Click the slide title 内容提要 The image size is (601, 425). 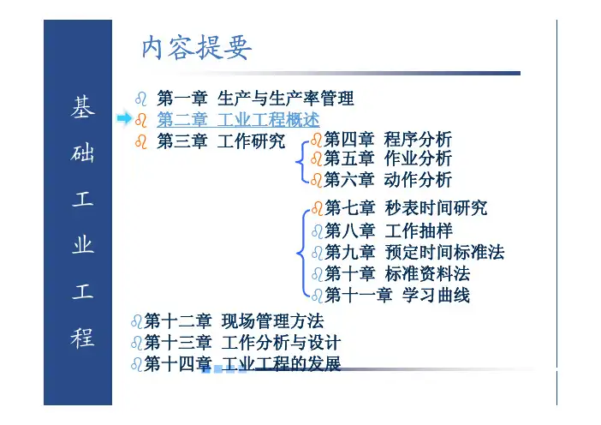pos(197,48)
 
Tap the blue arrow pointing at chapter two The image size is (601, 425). pos(125,118)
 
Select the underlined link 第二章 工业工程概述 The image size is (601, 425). pos(238,120)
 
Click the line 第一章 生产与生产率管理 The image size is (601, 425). pos(255,99)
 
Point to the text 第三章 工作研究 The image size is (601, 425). pos(221,141)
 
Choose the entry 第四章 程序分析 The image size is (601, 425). pos(388,139)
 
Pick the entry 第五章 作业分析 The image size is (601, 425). pos(388,159)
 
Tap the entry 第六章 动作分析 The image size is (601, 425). pos(388,179)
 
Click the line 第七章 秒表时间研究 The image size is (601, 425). pos(406,208)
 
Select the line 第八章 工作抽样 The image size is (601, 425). pos(389,230)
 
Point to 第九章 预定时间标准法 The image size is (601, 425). pos(414,253)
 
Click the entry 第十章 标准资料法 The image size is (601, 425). pos(397,274)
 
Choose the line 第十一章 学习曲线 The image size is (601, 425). pos(397,296)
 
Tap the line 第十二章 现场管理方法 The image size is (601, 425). pos(235,321)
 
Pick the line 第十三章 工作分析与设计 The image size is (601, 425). pos(242,343)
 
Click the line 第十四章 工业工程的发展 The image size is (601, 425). pos(242,363)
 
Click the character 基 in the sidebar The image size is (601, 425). pos(82,106)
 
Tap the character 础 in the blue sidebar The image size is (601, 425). pos(82,153)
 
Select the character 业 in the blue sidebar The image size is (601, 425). pos(82,245)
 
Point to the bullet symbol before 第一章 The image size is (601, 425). pos(140,99)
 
